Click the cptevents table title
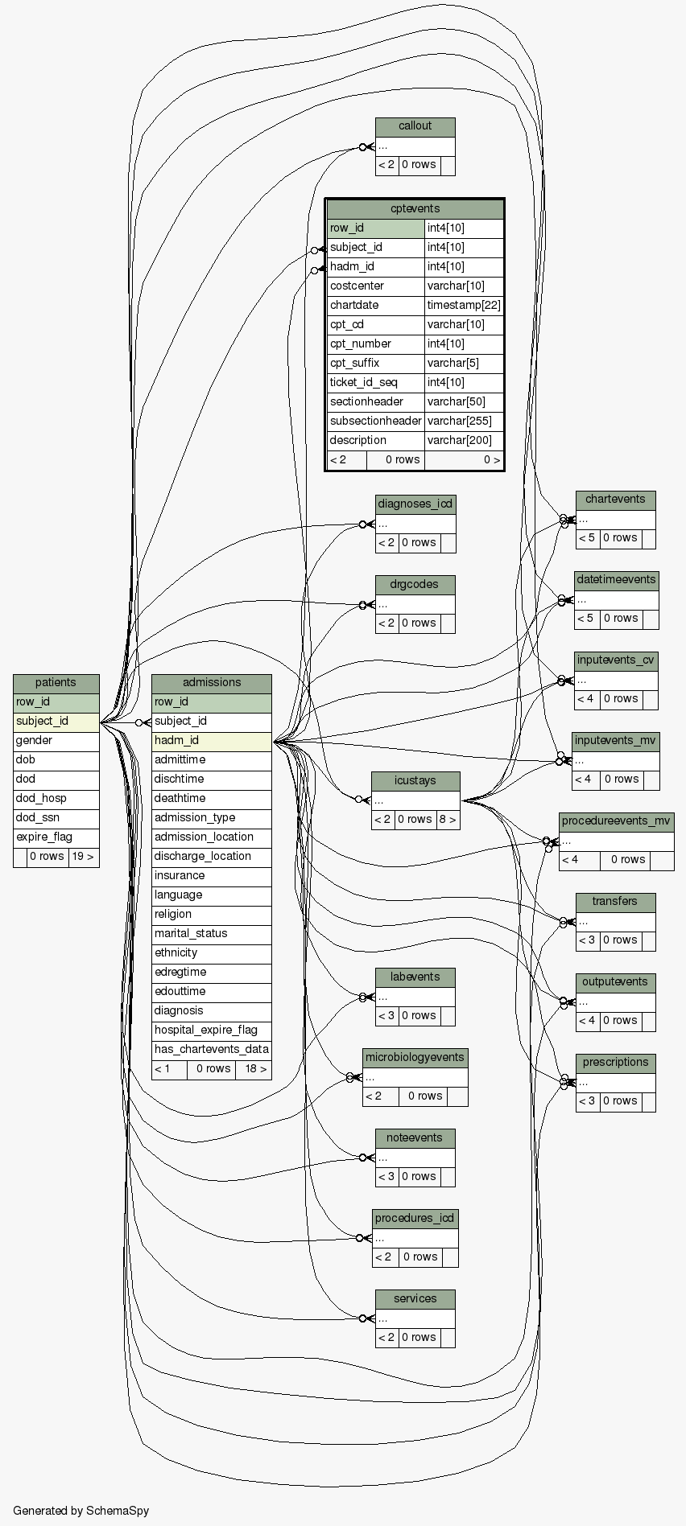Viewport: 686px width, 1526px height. pos(415,209)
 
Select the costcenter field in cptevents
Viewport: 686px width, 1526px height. pos(357,286)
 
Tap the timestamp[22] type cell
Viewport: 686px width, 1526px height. pos(464,306)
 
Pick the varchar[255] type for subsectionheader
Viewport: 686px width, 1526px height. pos(464,422)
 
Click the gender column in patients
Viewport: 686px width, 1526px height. pos(34,741)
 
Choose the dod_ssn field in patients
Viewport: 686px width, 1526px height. pos(38,818)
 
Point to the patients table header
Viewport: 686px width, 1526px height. pos(56,683)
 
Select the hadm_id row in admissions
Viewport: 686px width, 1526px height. pos(176,741)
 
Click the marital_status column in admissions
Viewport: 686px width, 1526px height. pos(191,934)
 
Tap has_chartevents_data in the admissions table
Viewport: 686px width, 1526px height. pos(212,1050)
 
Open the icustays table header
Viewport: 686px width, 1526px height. pos(415,781)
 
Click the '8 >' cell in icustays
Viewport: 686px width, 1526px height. pos(448,820)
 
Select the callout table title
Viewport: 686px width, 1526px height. pos(415,126)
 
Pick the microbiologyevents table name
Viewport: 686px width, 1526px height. pos(415,1058)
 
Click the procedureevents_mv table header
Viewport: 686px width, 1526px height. pos(616,821)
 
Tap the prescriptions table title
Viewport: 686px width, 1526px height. pos(615,1063)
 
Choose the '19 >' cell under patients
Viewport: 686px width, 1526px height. pos(83,857)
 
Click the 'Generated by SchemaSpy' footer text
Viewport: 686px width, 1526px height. pos(81,1511)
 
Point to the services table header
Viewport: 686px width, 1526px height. pos(415,1299)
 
